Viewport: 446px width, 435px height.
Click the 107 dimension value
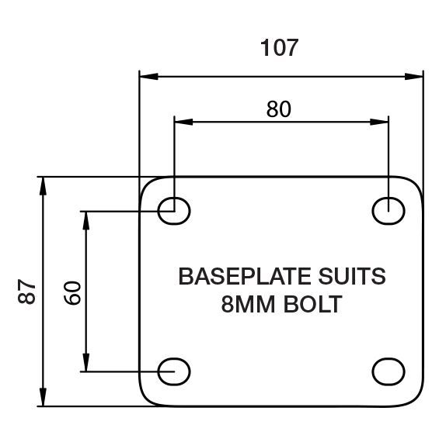click(x=279, y=48)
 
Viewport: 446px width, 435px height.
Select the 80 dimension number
click(x=279, y=109)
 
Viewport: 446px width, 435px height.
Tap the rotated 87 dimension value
click(x=26, y=292)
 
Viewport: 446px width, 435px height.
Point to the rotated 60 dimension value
click(x=72, y=293)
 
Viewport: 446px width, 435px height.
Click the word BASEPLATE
click(x=246, y=276)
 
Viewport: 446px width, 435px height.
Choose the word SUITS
click(x=352, y=276)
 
